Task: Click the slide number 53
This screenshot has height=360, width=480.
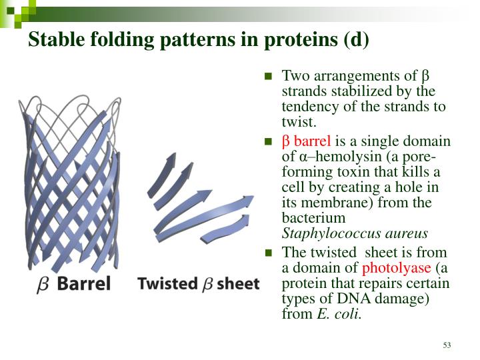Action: pos(447,345)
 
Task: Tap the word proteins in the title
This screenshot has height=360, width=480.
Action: pos(291,40)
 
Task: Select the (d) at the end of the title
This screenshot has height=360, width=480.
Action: pos(355,40)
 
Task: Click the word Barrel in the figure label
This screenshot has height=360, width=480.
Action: pos(83,284)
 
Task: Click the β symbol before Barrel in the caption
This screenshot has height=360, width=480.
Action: pos(43,285)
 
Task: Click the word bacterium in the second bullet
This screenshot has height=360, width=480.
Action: pos(314,218)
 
